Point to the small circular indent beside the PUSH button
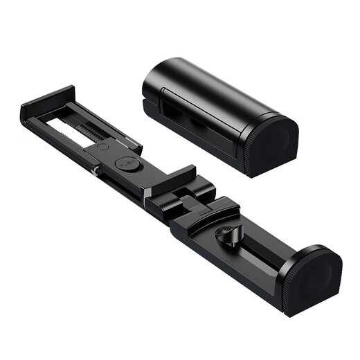tap(102, 147)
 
